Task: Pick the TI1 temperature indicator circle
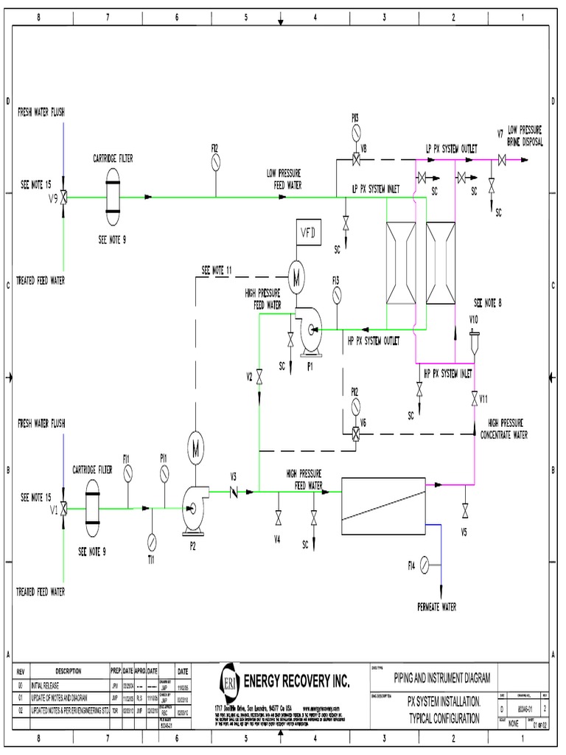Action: tap(151, 540)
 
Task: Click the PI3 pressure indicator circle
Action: tap(355, 133)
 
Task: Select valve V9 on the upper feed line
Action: tap(64, 197)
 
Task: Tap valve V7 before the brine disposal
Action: tap(502, 160)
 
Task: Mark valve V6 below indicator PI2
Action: tap(355, 434)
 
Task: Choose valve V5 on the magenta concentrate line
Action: tap(464, 511)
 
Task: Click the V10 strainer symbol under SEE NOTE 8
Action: tap(474, 336)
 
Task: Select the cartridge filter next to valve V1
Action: tap(93, 507)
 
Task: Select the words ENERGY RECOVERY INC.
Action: tap(296, 678)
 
